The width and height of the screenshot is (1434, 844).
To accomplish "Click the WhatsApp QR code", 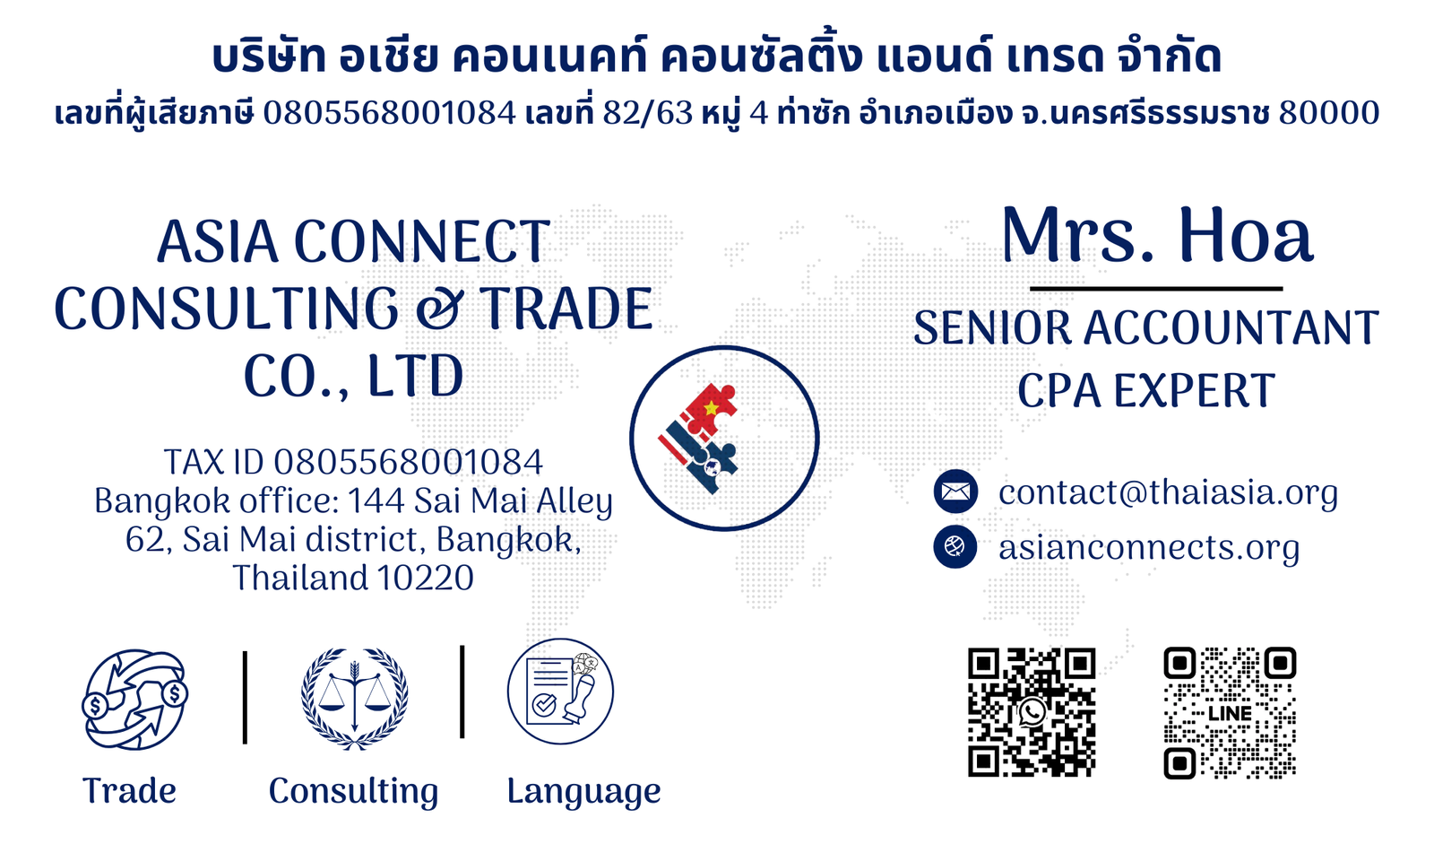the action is [x=1032, y=712].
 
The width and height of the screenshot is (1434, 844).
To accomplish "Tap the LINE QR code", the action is [x=1230, y=713].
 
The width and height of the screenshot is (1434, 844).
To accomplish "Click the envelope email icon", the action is [x=955, y=492].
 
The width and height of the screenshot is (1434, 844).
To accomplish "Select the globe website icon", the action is [x=955, y=546].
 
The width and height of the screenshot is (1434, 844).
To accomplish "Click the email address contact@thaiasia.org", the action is [x=1169, y=493].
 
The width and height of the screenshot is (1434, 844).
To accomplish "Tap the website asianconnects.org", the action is [x=1149, y=548].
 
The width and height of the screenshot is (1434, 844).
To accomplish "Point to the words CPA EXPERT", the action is [x=1146, y=390].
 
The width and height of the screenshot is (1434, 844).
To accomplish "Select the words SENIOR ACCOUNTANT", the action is [x=1146, y=327].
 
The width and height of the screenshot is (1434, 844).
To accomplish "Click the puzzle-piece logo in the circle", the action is [x=699, y=439].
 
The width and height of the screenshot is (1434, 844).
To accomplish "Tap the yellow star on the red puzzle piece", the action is [x=711, y=407].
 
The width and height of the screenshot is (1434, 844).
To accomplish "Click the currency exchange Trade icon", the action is [x=135, y=700].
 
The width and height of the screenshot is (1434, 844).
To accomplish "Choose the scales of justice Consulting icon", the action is [x=354, y=698].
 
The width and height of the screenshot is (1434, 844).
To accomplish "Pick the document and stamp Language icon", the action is [x=561, y=692].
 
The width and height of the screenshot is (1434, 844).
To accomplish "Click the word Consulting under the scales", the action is [x=353, y=792].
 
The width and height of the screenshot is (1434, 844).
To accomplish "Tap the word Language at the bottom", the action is [x=583, y=792].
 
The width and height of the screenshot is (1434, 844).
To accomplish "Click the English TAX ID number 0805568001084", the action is [x=409, y=462].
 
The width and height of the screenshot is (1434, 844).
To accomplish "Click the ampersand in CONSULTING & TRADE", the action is [x=438, y=309].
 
